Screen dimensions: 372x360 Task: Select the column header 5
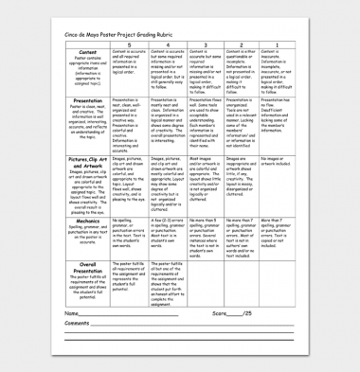pos(129,44)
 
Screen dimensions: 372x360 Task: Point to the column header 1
pos(277,44)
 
